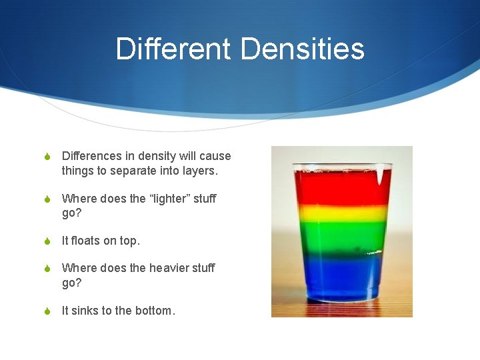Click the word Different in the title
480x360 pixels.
click(173, 49)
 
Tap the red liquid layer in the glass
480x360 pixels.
click(341, 188)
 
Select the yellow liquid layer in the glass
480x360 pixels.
click(341, 213)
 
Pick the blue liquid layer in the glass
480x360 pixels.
click(341, 277)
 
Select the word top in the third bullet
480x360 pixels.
click(130, 241)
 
